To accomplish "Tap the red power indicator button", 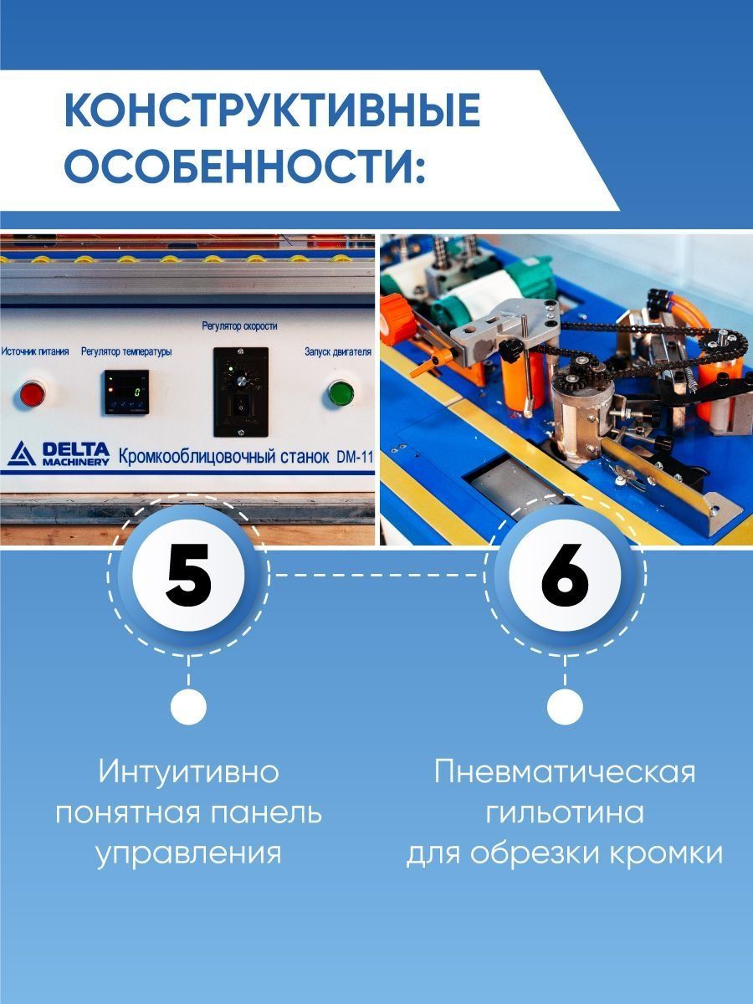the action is coord(33,394).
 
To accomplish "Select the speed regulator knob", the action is coord(240,381).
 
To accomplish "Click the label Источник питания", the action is coord(35,351).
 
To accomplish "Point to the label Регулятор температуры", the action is coord(126,351).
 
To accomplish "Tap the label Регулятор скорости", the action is coord(240,326).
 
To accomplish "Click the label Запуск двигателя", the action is coord(338,351).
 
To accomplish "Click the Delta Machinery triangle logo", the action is coord(22,453).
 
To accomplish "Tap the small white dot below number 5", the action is coord(189,707).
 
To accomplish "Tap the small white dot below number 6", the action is coord(565,707).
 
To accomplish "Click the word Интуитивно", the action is coord(189,771).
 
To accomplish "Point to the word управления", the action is coord(189,854).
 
